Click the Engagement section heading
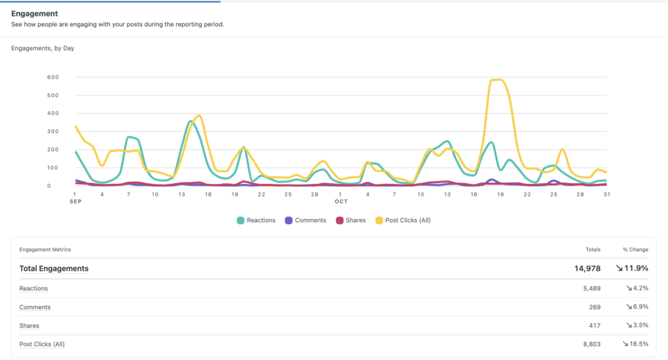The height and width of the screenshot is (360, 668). [34, 13]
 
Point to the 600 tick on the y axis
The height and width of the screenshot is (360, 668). [53, 78]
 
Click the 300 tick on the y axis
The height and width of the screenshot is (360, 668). [53, 132]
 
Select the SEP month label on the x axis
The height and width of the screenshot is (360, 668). [75, 202]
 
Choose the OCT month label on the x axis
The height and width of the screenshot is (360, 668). [341, 202]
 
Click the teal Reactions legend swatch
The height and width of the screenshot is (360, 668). [240, 220]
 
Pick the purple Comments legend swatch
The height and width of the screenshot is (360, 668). [288, 220]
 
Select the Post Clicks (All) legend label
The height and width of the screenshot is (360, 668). [408, 220]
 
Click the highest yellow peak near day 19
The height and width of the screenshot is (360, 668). [498, 80]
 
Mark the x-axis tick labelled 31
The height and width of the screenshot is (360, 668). [606, 194]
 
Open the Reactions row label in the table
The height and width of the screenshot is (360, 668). [33, 288]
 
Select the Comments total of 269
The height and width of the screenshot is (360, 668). [594, 307]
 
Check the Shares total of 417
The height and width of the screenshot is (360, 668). [594, 325]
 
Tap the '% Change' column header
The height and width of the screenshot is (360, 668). [635, 249]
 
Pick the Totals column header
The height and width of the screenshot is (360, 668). [592, 249]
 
